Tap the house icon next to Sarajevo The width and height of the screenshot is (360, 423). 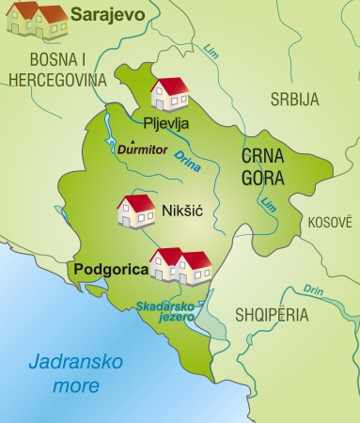point(36,19)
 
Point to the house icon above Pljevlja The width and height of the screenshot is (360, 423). point(169,93)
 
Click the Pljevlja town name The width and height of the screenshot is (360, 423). point(166,122)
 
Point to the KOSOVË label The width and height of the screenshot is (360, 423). point(329,222)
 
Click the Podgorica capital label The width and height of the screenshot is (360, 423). point(110,269)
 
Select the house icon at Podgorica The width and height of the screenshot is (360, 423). point(180,265)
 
